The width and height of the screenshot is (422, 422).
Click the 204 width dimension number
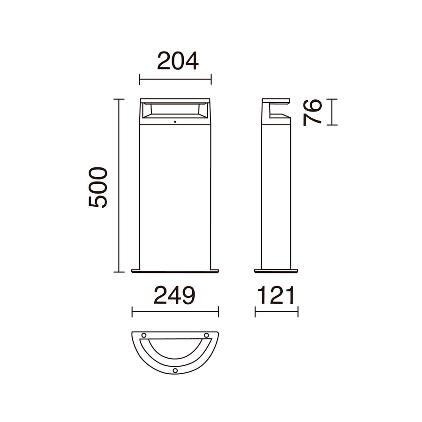coord(178,61)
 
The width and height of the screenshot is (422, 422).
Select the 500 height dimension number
coord(98,187)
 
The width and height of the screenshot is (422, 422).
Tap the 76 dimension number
coord(312,113)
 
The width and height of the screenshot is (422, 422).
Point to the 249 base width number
coord(174,295)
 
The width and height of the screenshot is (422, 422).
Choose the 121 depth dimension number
coord(276,295)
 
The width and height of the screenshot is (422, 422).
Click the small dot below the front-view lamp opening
coord(175,122)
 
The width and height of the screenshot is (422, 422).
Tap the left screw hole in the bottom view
coord(144,335)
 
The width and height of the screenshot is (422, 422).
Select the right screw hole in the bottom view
coord(206,335)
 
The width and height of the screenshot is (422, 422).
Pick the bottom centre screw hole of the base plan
coord(175,370)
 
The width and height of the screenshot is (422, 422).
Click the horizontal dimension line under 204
coord(175,79)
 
